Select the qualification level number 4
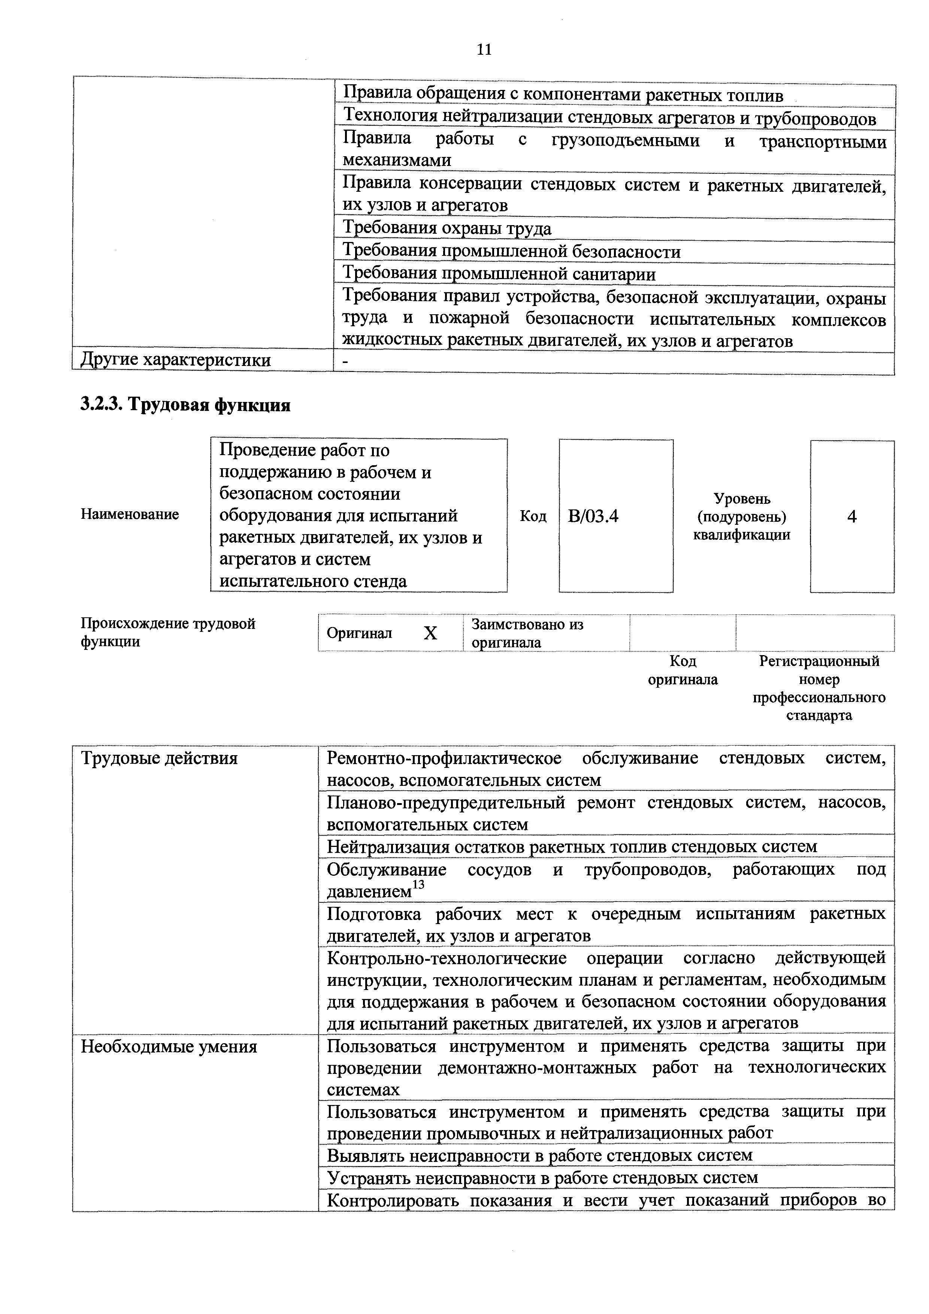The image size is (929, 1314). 852,517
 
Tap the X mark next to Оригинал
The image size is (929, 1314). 430,633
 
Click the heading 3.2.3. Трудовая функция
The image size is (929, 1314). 185,405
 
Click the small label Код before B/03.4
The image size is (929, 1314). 533,517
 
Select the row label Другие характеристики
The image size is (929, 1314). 175,361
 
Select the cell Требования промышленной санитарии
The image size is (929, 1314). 499,275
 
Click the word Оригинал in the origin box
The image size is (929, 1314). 360,633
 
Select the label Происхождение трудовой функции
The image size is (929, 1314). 168,632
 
